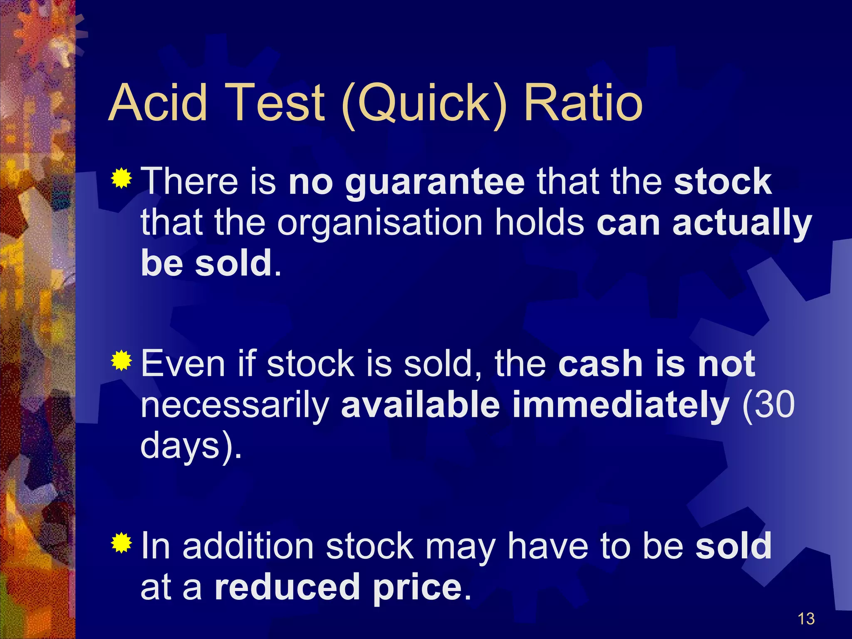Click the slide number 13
806,619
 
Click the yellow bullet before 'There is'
121,178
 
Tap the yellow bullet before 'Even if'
121,360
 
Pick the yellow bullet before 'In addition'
121,542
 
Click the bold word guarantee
435,183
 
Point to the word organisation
380,224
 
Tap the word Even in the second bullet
183,364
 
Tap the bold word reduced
287,587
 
